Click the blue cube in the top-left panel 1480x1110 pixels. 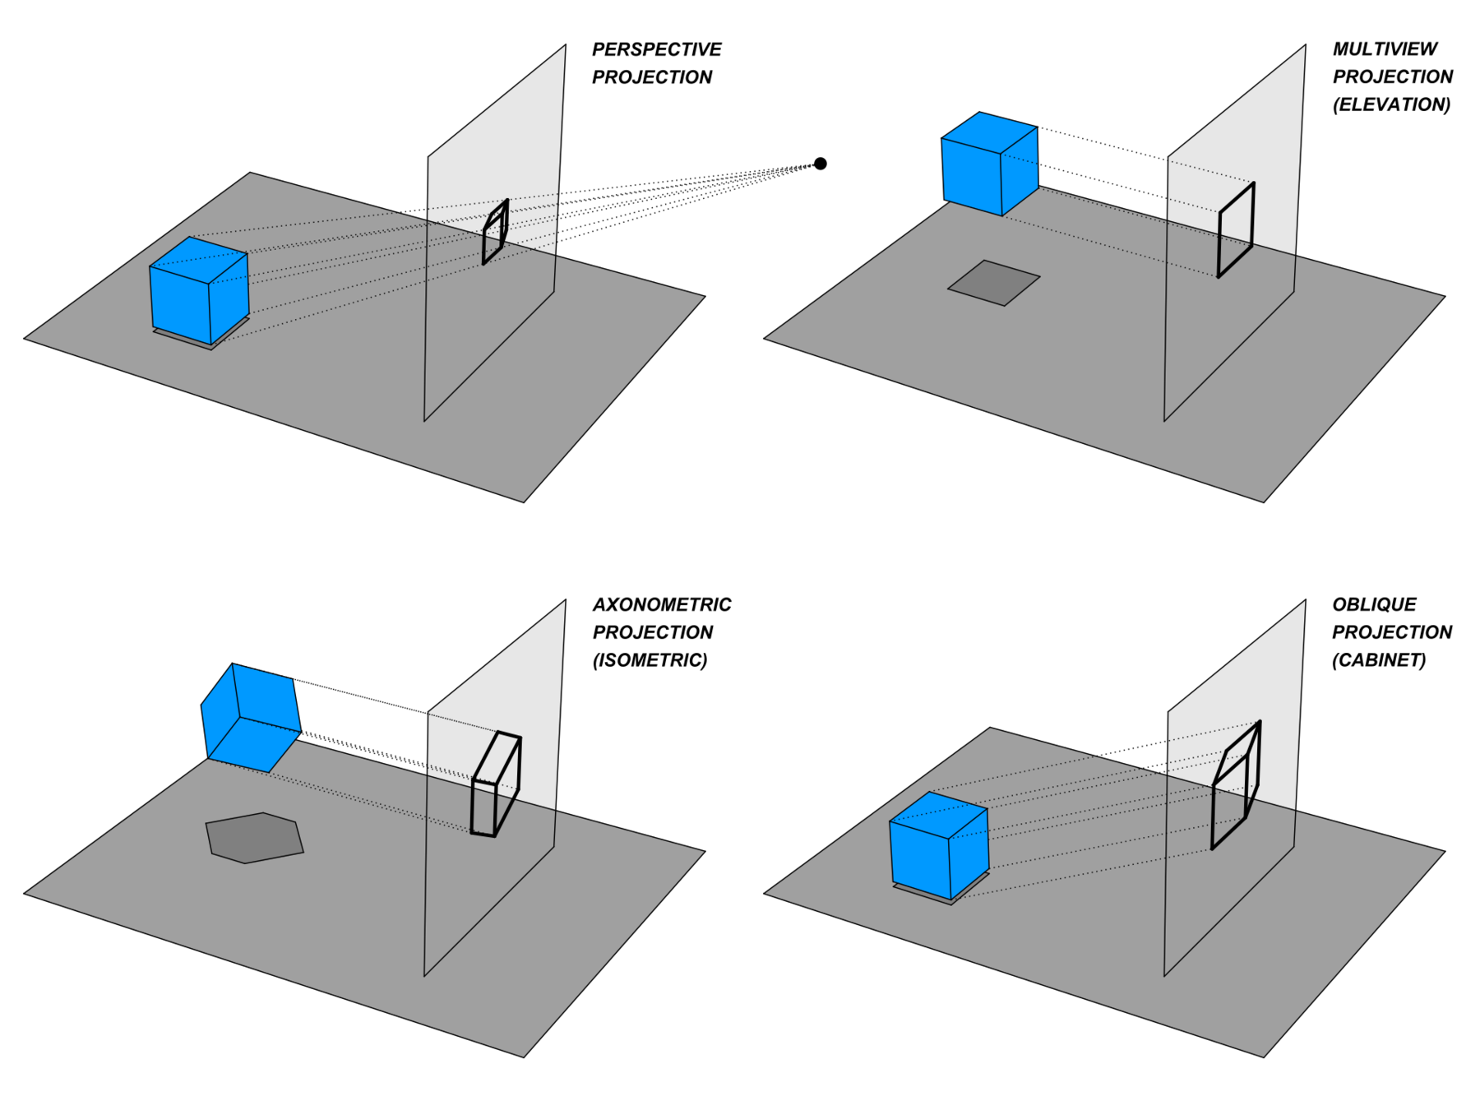(x=199, y=289)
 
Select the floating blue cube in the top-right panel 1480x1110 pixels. (x=989, y=163)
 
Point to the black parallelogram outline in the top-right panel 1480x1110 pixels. (x=1236, y=230)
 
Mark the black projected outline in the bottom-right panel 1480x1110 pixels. (x=1235, y=785)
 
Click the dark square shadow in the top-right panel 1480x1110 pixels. (x=993, y=283)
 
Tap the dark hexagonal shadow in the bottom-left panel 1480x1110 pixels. (x=254, y=838)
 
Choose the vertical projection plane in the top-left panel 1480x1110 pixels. (x=493, y=329)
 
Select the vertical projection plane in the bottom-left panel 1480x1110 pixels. (x=493, y=888)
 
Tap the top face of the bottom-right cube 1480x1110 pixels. (x=939, y=815)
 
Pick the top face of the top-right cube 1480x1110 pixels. (x=989, y=132)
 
